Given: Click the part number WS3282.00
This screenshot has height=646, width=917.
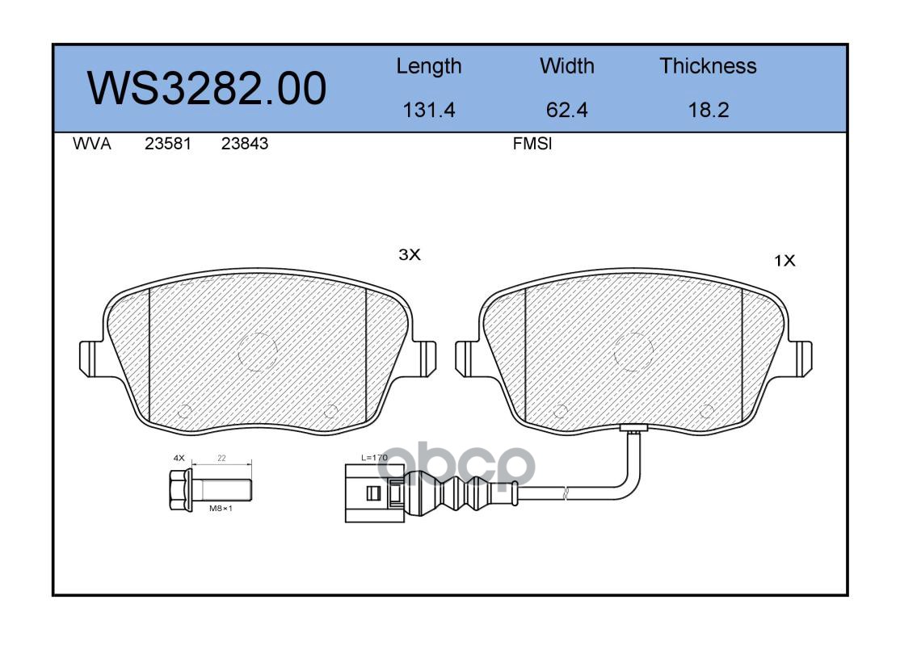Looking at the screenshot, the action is click(207, 88).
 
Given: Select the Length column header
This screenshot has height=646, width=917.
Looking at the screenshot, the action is click(429, 67).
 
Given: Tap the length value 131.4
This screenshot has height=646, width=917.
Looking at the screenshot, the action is click(429, 110).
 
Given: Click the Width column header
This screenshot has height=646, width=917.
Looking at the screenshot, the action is click(566, 65).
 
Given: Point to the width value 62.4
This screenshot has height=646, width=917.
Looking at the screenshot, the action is click(566, 110).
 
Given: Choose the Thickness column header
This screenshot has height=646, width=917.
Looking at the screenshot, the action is click(708, 65).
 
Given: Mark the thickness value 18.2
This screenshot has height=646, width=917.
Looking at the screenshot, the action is click(709, 110).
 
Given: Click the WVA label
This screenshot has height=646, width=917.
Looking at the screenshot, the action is click(92, 144).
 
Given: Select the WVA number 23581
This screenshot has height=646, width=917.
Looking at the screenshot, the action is click(168, 144).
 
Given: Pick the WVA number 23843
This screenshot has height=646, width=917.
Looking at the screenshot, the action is click(245, 144).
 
